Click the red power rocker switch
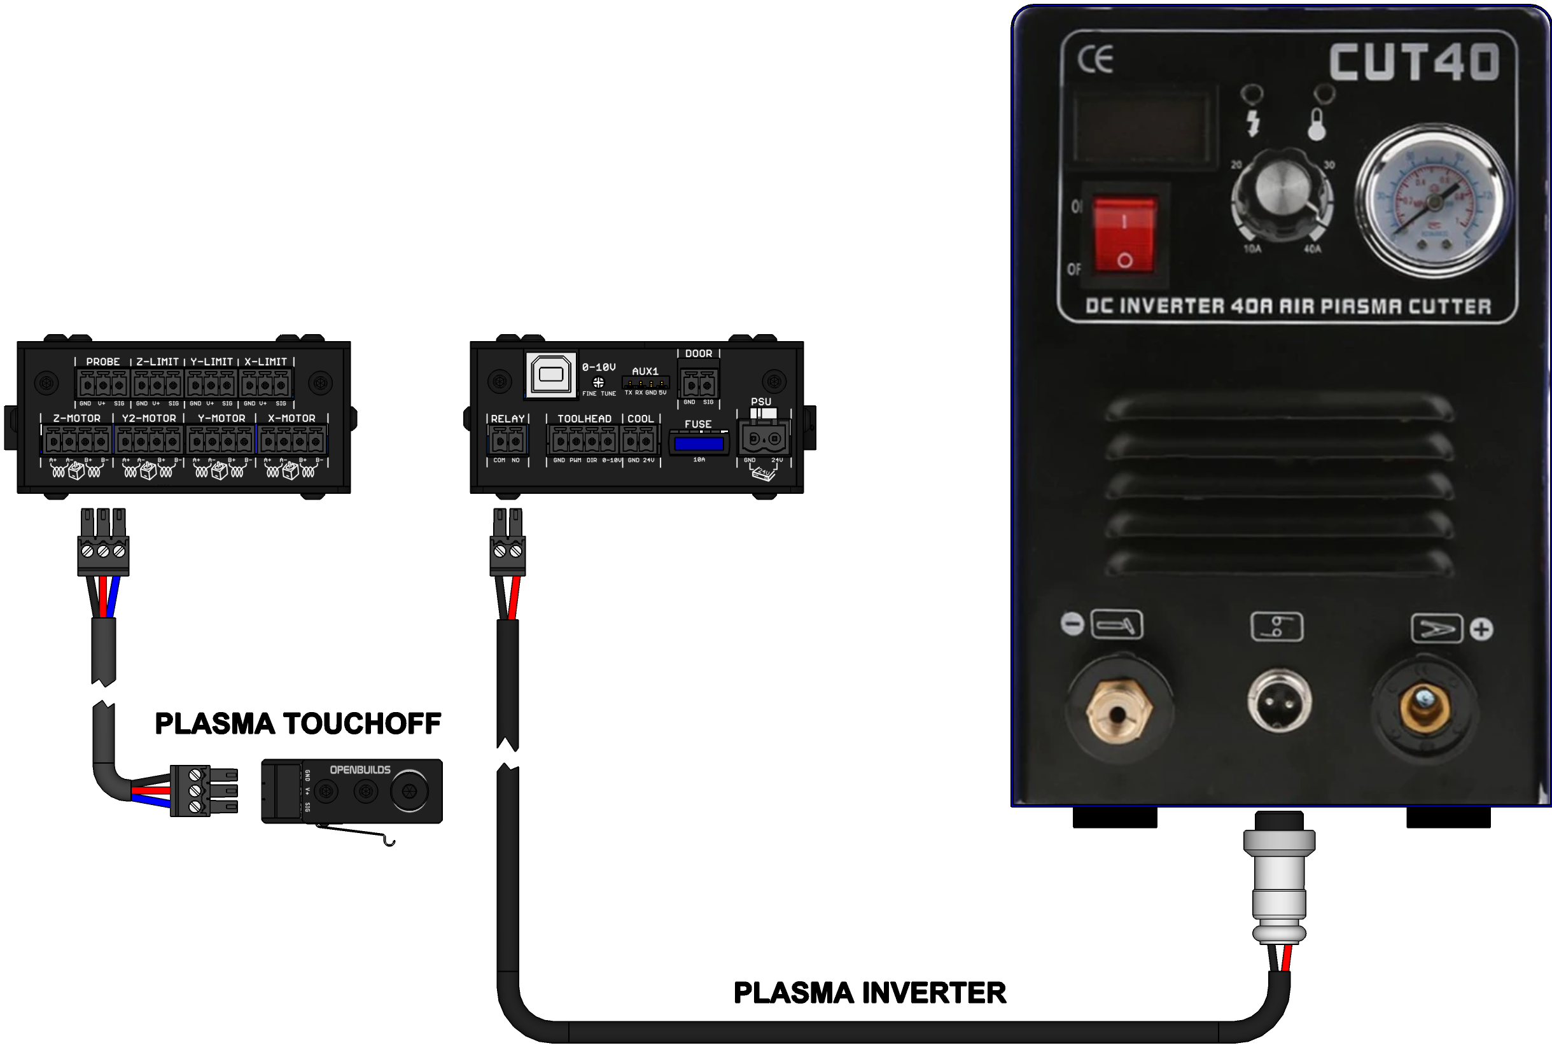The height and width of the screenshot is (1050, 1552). pos(1124,234)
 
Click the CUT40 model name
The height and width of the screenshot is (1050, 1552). pos(1415,62)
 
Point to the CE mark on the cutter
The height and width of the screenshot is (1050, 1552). pos(1095,60)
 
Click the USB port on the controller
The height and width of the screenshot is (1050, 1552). pos(550,375)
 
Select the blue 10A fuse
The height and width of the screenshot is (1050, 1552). pos(699,444)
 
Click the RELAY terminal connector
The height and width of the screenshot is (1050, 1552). pos(508,441)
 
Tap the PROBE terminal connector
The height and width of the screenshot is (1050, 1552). pos(102,385)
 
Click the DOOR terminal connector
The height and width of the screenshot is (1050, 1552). pos(699,385)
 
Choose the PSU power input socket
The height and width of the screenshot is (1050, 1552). pos(764,439)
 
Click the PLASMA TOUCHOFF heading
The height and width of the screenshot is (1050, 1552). pos(298,724)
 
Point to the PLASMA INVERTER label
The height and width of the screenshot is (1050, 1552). pos(869,993)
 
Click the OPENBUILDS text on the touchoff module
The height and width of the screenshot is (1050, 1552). pos(360,769)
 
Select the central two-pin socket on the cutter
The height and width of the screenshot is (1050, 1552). pos(1279,702)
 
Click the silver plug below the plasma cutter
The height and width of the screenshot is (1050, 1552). pos(1279,881)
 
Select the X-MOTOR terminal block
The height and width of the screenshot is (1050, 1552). pos(293,441)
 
